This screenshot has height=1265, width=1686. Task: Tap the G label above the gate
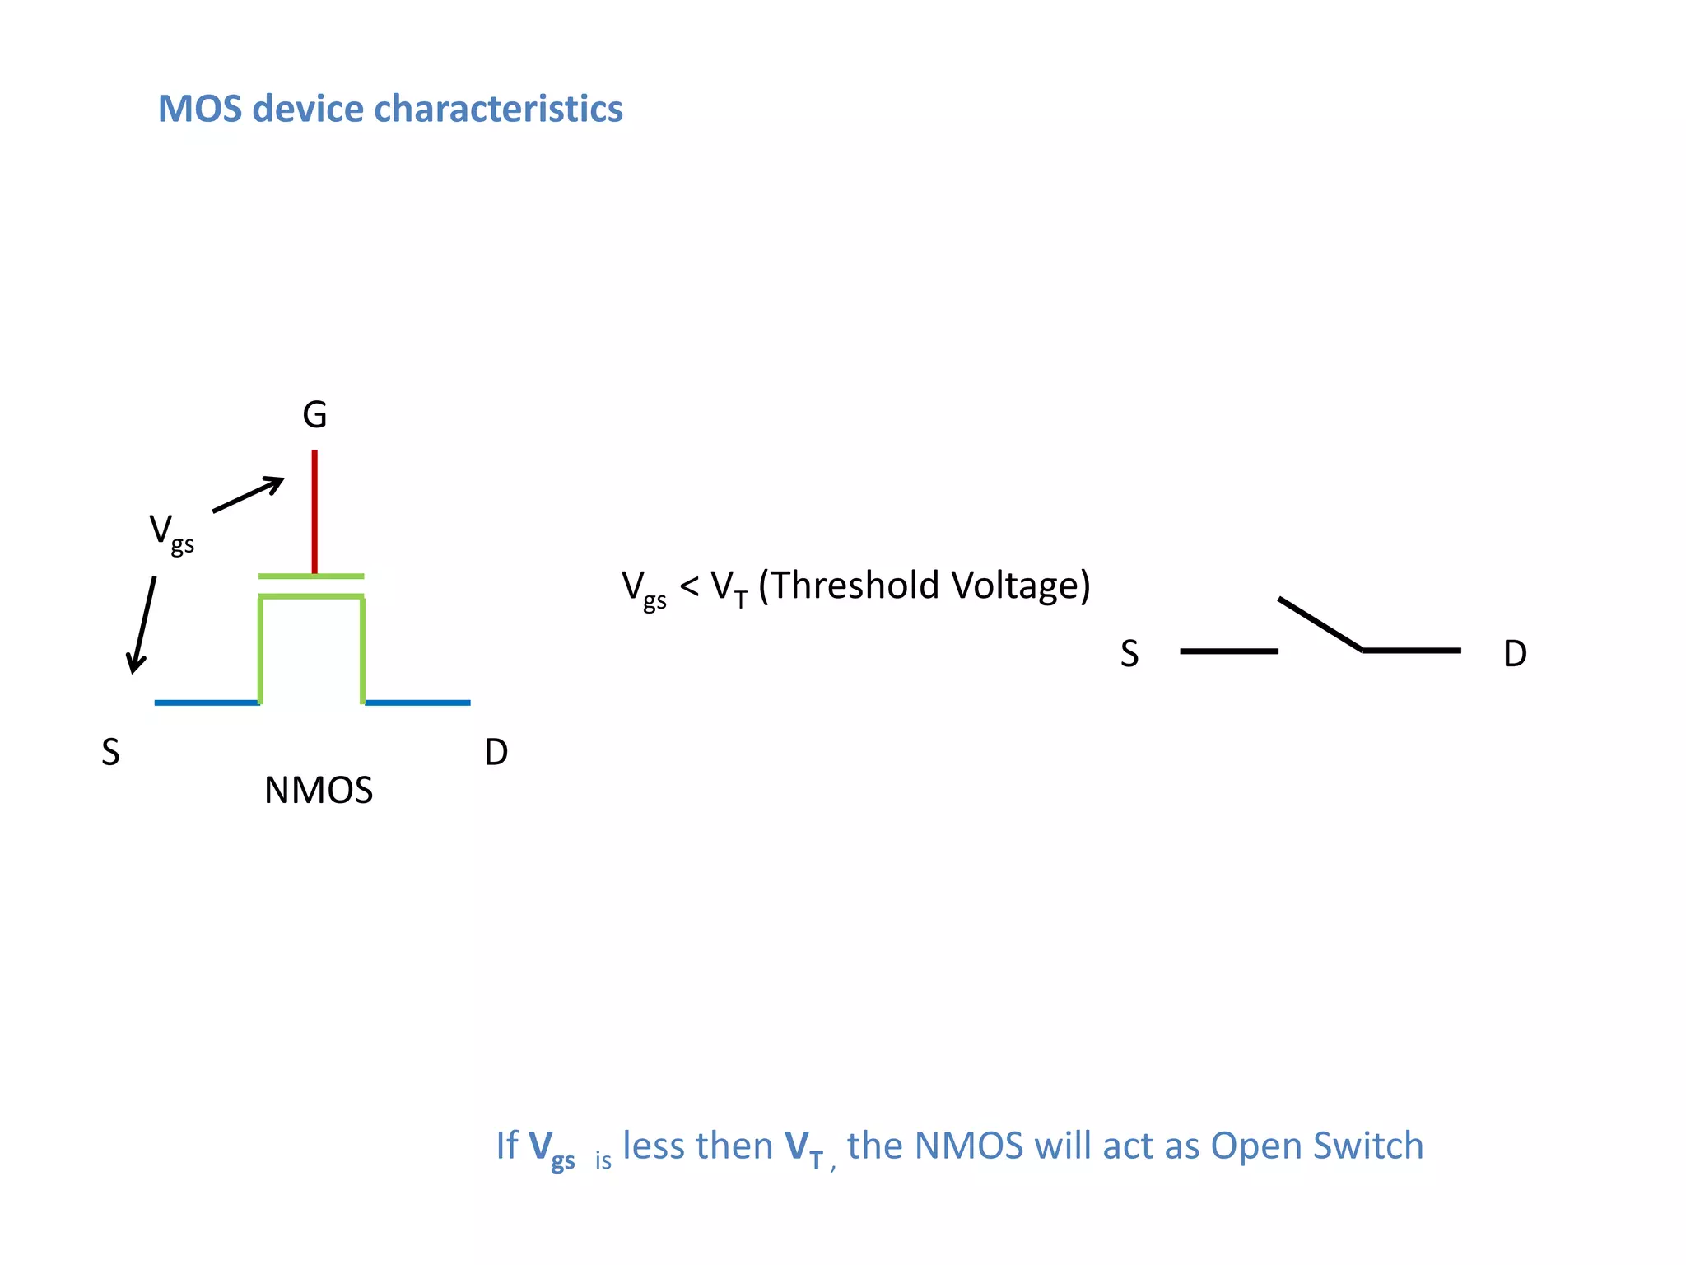click(x=314, y=415)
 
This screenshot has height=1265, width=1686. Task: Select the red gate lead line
click(x=314, y=511)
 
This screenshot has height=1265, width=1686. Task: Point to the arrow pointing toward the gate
click(x=248, y=494)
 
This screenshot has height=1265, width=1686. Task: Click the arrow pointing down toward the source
click(x=142, y=624)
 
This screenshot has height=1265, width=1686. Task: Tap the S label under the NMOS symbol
click(x=110, y=753)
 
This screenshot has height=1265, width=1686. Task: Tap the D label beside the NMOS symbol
click(x=496, y=753)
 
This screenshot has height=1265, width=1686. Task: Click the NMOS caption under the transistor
click(x=319, y=791)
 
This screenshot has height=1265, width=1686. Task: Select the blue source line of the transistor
click(x=207, y=703)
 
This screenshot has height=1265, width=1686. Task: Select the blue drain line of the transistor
click(x=417, y=703)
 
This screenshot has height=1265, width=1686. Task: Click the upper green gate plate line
click(x=311, y=576)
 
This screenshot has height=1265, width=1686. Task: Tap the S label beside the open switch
click(x=1129, y=654)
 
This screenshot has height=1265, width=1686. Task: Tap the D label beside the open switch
click(x=1515, y=654)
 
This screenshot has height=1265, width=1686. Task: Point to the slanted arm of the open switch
click(x=1320, y=624)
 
